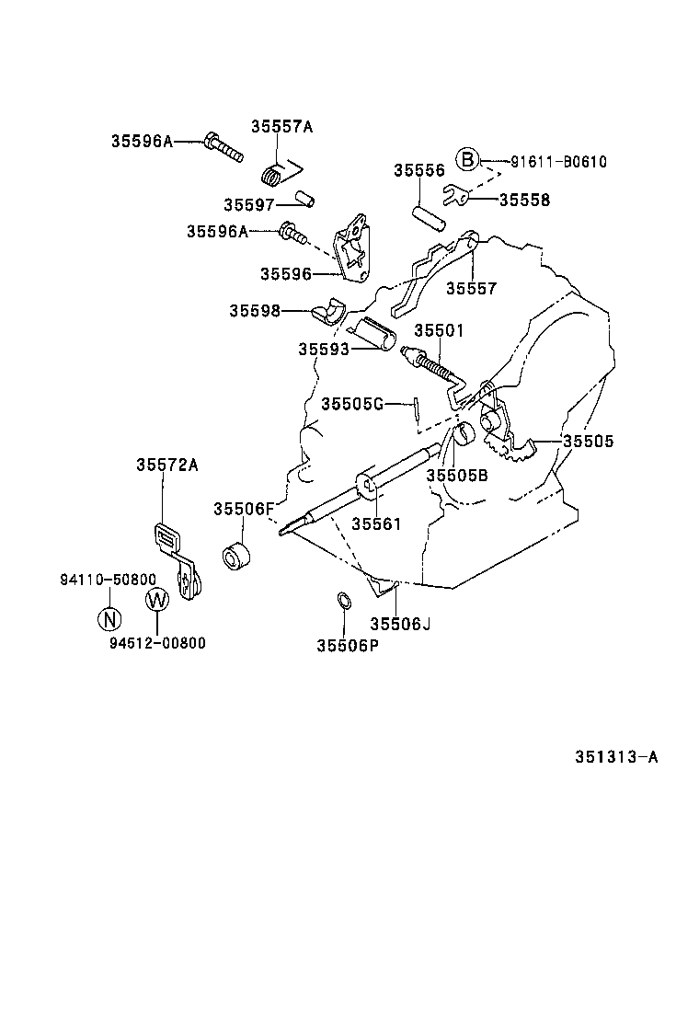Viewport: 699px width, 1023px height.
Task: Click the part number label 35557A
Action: tap(282, 127)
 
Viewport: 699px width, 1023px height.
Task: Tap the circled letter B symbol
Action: tap(468, 161)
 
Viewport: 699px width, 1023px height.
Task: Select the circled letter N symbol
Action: tap(109, 617)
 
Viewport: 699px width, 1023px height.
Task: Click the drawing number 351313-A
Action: tap(616, 758)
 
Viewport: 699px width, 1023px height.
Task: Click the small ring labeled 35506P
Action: tap(341, 602)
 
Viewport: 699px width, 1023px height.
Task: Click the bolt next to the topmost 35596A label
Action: tap(222, 145)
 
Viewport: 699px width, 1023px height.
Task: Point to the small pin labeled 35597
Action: tap(305, 201)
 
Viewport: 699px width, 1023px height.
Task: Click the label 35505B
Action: tap(456, 475)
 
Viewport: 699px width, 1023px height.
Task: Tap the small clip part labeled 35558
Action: tap(455, 196)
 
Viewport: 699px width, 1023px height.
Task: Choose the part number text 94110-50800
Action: tap(109, 580)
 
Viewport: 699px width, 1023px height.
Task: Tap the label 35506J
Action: tap(400, 623)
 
